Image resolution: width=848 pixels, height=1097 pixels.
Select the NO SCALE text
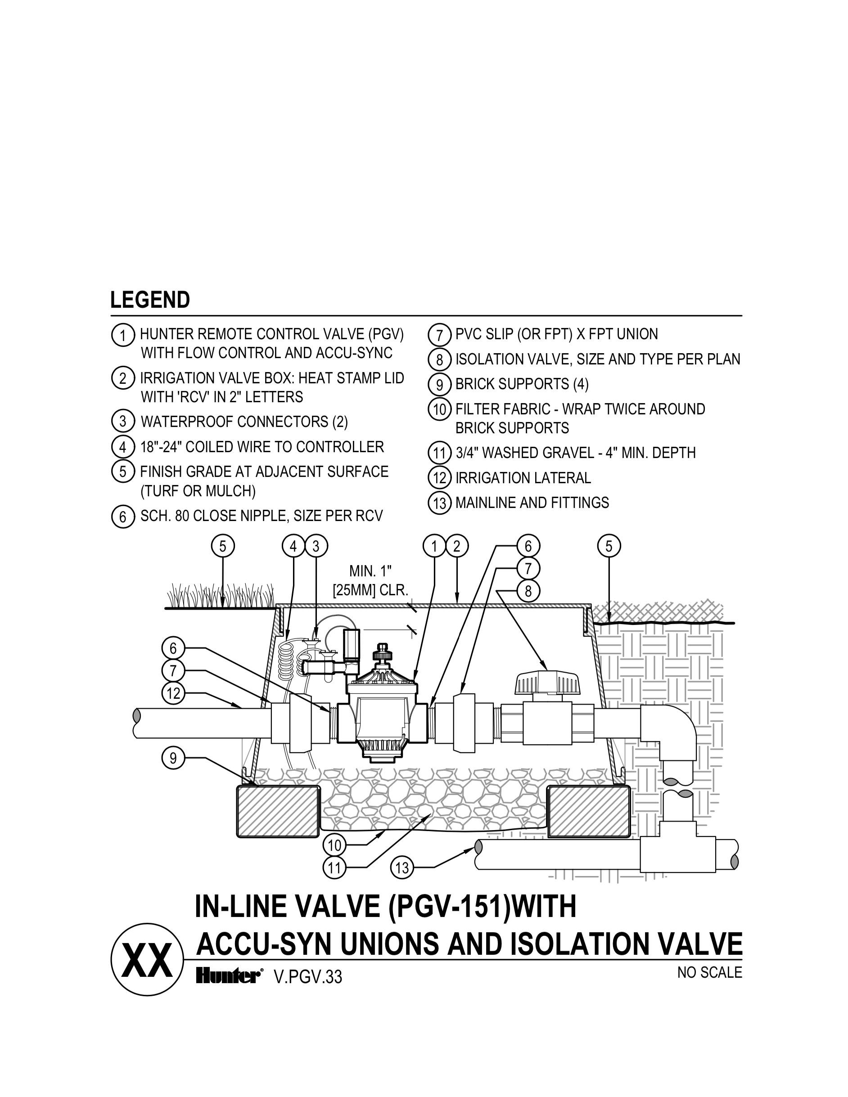(709, 972)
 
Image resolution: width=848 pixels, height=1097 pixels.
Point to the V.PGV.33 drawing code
(307, 977)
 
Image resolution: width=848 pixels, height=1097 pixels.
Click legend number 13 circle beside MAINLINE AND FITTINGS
(440, 503)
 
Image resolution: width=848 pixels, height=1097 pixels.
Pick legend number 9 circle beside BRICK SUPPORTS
(440, 384)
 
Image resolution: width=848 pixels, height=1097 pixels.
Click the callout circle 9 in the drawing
(173, 757)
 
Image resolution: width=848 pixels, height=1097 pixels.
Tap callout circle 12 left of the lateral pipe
(173, 694)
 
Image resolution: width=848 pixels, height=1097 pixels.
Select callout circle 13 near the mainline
(402, 868)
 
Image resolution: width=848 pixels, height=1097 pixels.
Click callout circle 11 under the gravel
(334, 868)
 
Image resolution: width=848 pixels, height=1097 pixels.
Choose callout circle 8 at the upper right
(528, 591)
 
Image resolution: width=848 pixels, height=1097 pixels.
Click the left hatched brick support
(278, 811)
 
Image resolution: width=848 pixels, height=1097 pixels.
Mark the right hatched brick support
(589, 811)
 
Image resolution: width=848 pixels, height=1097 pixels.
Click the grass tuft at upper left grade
(221, 596)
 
